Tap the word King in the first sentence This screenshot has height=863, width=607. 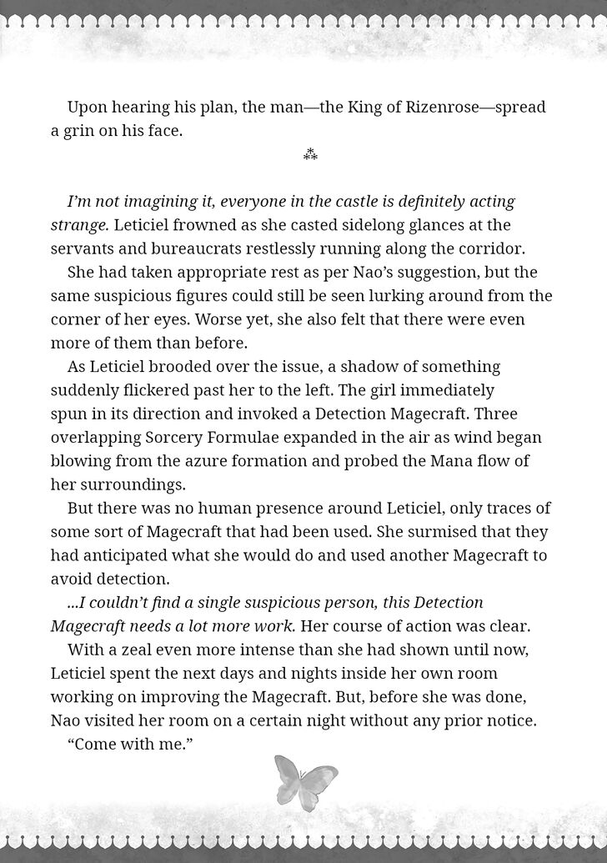point(329,108)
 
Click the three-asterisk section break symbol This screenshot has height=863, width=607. point(310,154)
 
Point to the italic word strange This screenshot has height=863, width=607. point(78,225)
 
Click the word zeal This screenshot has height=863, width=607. point(133,650)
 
